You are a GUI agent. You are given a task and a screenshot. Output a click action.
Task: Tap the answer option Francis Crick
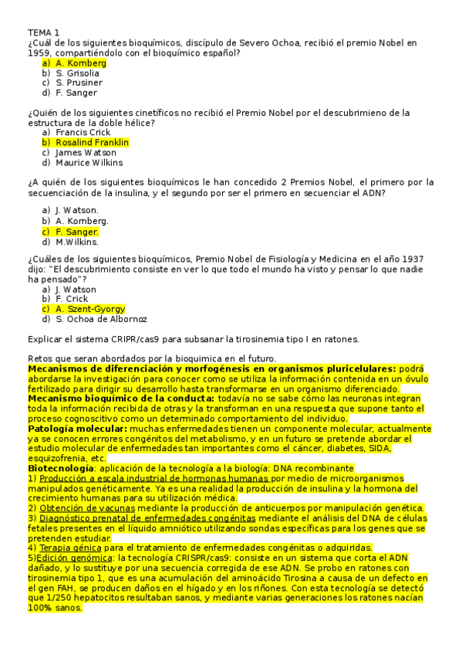(83, 133)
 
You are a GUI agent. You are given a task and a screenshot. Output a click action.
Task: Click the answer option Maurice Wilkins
(89, 163)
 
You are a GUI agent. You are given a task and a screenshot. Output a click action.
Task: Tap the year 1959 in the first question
(39, 53)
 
